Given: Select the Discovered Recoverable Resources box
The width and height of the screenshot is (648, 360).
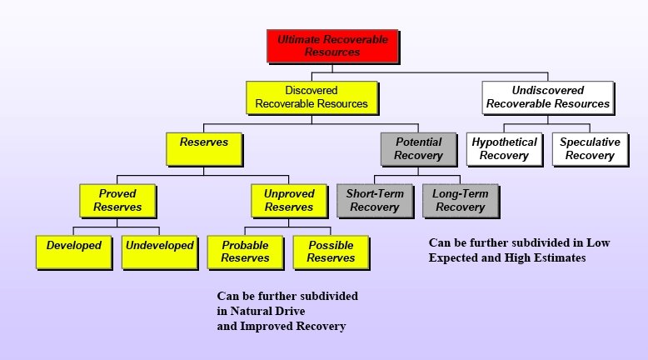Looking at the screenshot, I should (x=312, y=97).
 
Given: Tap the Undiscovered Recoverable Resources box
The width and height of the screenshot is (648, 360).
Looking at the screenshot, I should (x=548, y=97).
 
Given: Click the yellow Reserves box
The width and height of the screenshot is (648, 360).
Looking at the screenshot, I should (x=204, y=148).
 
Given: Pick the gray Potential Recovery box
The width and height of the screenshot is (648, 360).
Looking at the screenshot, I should (x=418, y=148).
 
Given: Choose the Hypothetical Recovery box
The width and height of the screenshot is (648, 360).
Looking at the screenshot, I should (x=504, y=148).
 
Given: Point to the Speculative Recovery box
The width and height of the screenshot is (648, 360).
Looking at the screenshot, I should (x=590, y=148).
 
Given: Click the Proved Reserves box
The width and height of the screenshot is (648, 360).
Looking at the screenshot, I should (x=117, y=200).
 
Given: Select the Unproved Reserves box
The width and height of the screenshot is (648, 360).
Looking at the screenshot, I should (x=288, y=200).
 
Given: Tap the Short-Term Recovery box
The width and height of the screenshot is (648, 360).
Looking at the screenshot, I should (x=375, y=200).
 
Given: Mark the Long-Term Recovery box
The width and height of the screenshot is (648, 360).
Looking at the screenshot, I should (x=460, y=200).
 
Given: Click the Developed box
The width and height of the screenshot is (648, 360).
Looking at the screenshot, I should (x=74, y=252).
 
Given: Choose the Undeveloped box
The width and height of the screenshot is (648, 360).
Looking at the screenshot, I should (x=160, y=252).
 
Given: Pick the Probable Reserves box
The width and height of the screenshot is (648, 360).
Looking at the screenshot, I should (x=245, y=252).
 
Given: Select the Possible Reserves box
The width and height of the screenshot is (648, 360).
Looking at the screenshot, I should (x=331, y=252).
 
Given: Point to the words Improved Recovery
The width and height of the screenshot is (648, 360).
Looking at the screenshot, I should (x=292, y=326).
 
